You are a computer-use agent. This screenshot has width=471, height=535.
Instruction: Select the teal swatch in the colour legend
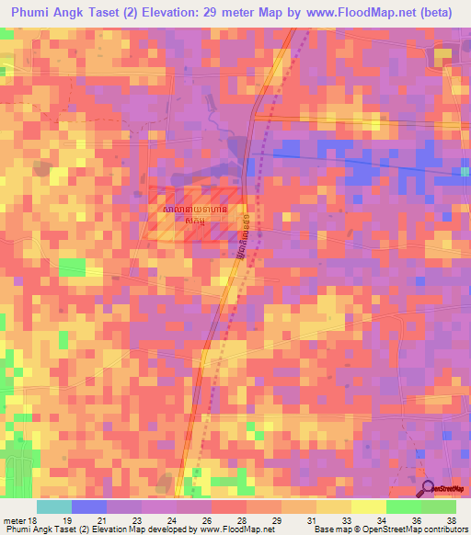coord(54,507)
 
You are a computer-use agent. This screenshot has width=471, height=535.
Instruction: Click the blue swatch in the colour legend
coord(89,507)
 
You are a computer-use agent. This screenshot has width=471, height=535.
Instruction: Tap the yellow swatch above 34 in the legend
coord(368,507)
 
